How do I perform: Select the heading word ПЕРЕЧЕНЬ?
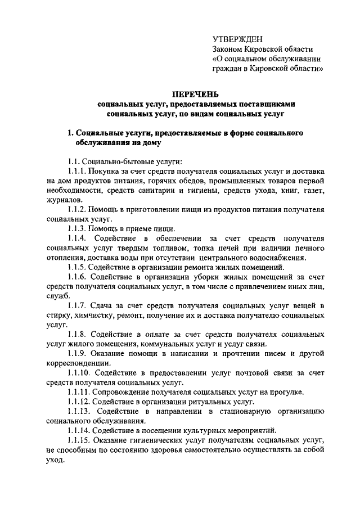[x=196, y=93]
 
